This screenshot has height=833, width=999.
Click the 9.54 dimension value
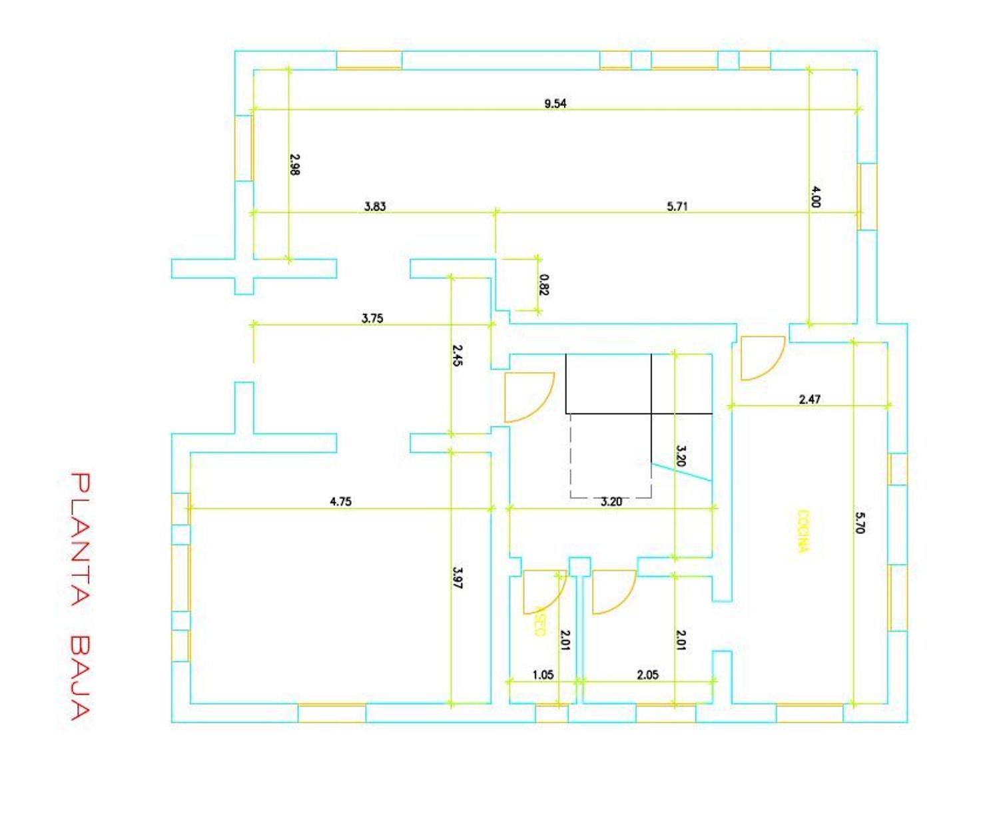(x=555, y=103)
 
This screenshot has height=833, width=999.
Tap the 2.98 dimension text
(x=295, y=164)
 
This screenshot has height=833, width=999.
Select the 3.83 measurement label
(x=374, y=206)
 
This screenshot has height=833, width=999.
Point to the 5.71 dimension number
(x=677, y=206)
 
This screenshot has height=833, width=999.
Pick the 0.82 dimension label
(x=545, y=284)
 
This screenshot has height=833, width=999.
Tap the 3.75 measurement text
(x=372, y=318)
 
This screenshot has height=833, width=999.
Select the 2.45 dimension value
(x=457, y=355)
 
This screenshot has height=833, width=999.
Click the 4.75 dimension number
(x=340, y=501)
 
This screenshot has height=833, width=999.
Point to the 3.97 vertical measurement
(x=457, y=577)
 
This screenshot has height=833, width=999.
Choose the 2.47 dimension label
(x=809, y=399)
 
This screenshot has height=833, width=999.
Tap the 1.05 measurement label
(x=543, y=675)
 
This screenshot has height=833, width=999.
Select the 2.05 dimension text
(x=647, y=675)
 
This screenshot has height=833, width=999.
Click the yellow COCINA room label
(x=804, y=531)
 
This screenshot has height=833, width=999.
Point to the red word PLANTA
(x=80, y=539)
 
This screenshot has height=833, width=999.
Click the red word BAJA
(x=80, y=679)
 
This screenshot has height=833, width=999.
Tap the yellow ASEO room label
(x=539, y=621)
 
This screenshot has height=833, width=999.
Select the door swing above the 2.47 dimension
(x=761, y=358)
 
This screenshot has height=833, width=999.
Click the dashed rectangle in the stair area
(x=611, y=456)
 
